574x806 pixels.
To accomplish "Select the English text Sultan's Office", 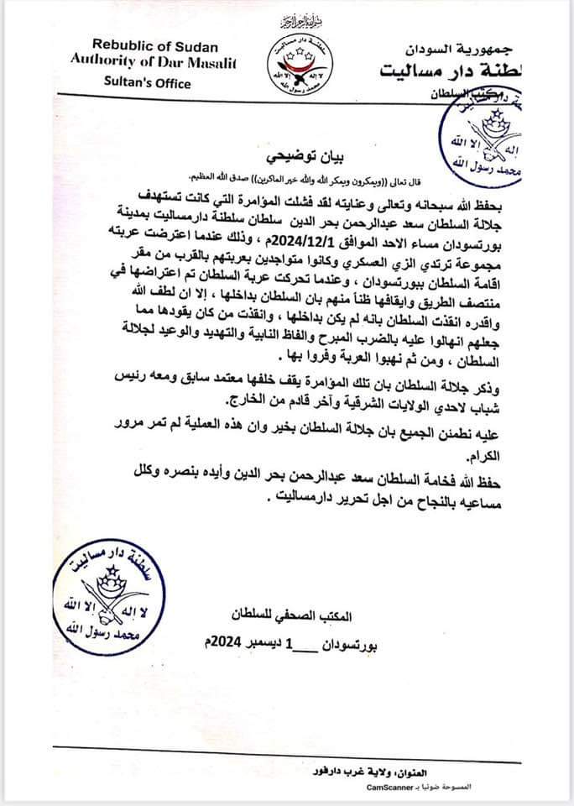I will pos(142,83).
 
